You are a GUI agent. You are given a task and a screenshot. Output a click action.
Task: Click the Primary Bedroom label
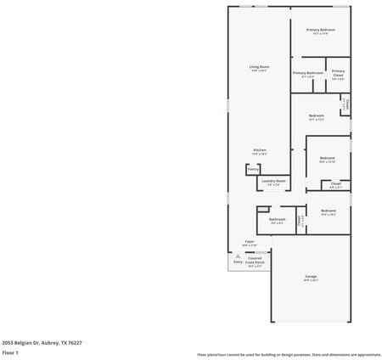(320, 30)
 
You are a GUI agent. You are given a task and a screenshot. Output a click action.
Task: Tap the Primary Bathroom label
(307, 73)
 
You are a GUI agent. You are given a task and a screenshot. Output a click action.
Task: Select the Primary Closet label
(338, 73)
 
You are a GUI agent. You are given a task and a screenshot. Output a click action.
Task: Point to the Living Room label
(259, 66)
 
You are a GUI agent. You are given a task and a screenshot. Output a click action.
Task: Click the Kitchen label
(259, 150)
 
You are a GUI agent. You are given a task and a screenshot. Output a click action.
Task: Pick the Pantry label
(252, 170)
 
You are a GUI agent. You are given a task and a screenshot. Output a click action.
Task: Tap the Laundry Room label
(272, 180)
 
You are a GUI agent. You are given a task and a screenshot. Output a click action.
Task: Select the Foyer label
(250, 242)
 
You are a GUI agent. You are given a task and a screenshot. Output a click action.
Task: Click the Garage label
(311, 278)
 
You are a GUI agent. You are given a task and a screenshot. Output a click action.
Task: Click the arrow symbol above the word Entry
(238, 256)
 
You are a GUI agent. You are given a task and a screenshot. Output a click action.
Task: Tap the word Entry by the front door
(238, 262)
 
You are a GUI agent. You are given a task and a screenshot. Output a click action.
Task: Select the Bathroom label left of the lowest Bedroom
(277, 220)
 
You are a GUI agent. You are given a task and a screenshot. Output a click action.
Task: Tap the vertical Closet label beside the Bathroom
(299, 220)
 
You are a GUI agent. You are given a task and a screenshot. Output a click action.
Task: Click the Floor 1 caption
(10, 352)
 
